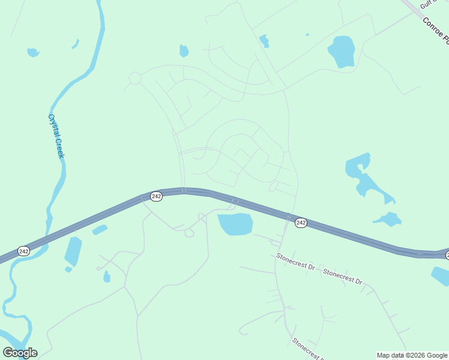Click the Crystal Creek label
click(56, 137)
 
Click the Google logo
click(20, 353)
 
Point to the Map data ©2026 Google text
click(412, 355)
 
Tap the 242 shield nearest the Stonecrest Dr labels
click(301, 223)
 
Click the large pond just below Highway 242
click(235, 224)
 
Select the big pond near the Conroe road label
click(342, 52)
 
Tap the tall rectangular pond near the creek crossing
click(73, 251)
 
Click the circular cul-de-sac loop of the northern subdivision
click(135, 78)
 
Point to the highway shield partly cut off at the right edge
click(447, 256)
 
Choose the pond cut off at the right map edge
click(441, 276)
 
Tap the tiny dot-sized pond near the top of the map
click(307, 34)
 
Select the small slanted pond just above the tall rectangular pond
click(100, 230)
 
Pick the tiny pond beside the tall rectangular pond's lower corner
click(68, 269)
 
